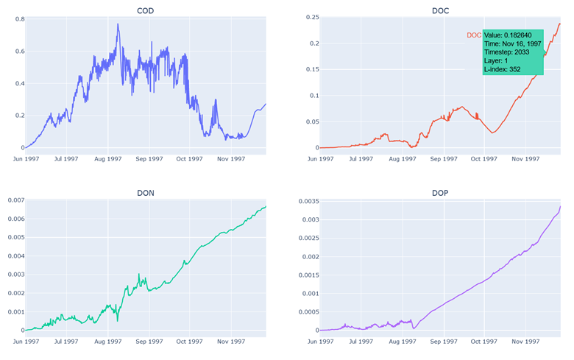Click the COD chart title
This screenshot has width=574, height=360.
click(145, 10)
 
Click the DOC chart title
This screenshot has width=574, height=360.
click(440, 10)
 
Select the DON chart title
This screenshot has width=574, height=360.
click(145, 192)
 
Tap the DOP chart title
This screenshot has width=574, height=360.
click(440, 192)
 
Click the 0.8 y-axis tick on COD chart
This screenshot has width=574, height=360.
click(14, 19)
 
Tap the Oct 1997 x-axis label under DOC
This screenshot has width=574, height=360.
click(484, 158)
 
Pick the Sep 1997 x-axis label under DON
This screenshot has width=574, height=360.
click(150, 342)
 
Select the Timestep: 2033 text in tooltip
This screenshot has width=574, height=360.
click(508, 52)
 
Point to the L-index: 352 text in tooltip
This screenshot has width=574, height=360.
click(502, 69)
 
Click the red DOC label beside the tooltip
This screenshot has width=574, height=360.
click(474, 35)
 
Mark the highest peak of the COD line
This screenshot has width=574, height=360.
click(118, 24)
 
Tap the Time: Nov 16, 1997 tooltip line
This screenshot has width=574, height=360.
click(512, 43)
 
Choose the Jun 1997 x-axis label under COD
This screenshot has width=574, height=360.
click(26, 158)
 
